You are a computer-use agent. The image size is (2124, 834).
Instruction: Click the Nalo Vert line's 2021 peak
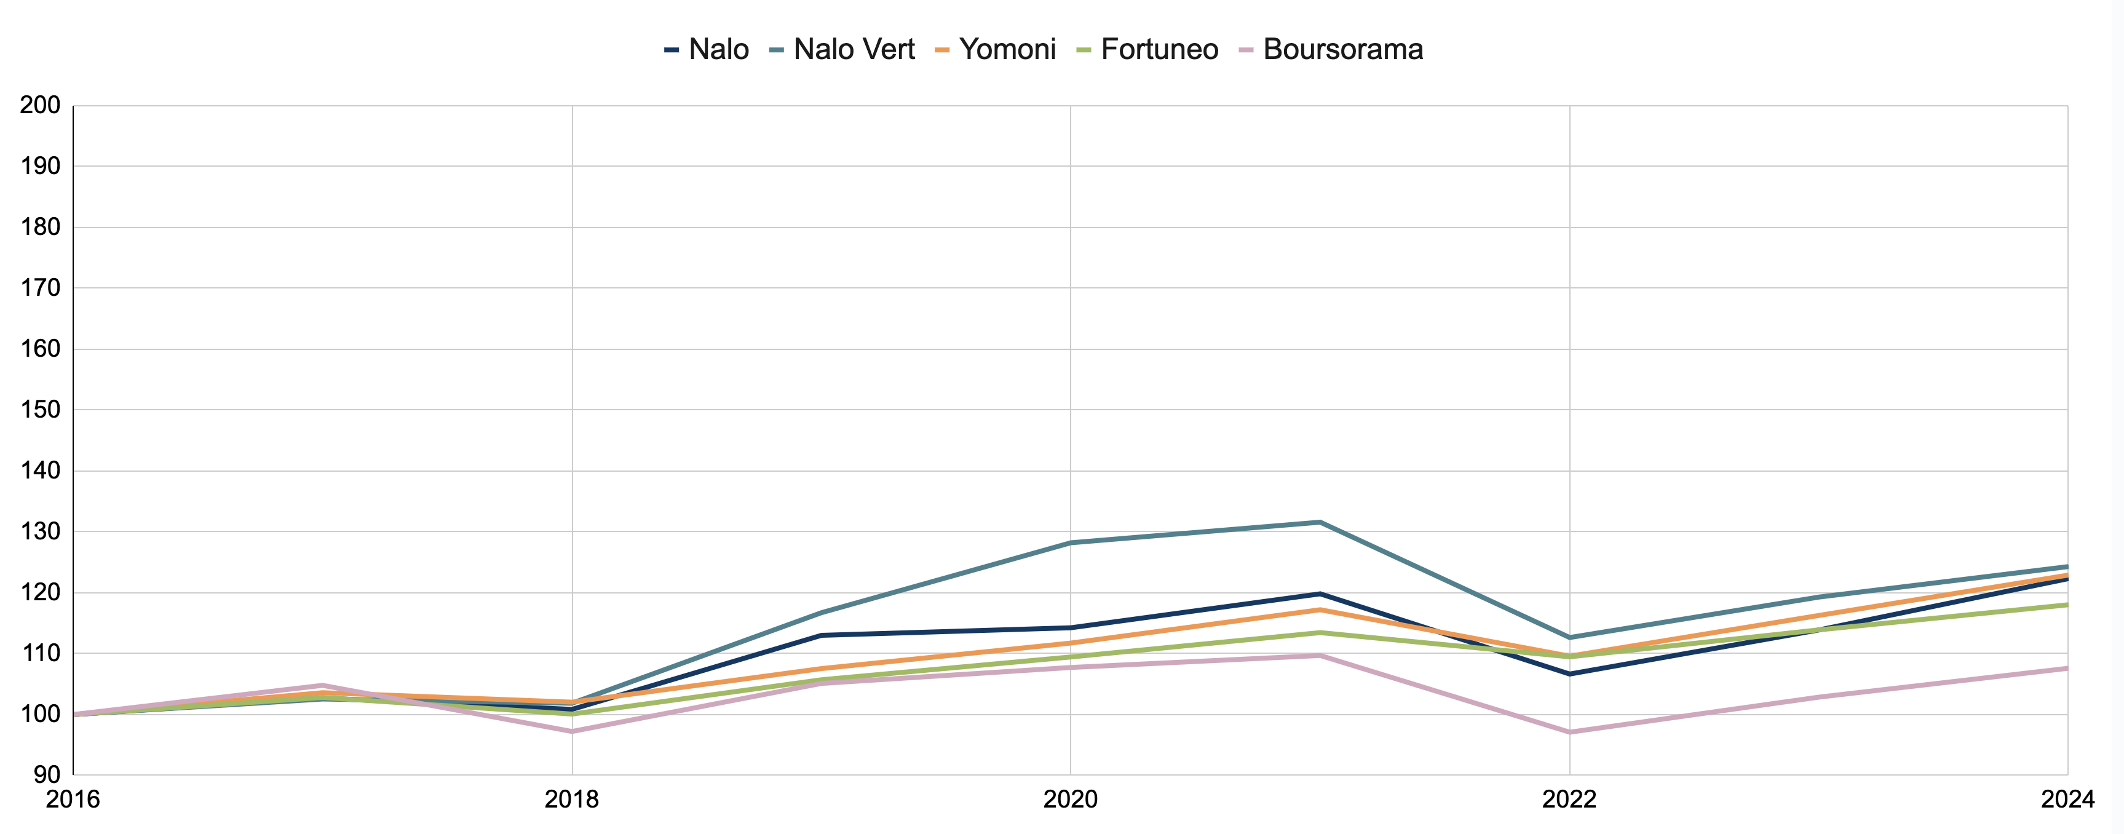click(1320, 522)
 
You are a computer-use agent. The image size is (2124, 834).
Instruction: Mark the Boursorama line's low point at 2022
click(1569, 733)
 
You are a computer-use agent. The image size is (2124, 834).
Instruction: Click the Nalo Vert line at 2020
click(1070, 543)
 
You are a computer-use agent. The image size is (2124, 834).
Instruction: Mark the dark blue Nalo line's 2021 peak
click(1320, 594)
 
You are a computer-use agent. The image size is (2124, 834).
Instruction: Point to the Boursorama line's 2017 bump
click(322, 686)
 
